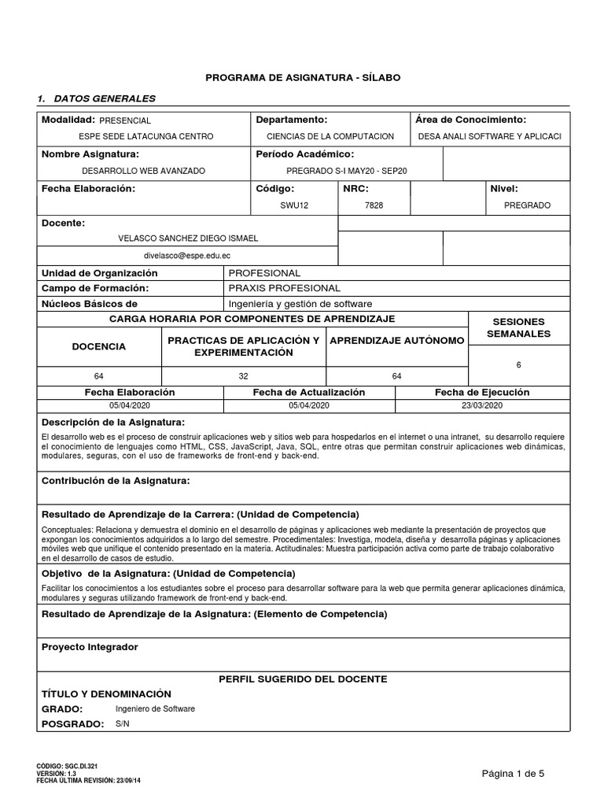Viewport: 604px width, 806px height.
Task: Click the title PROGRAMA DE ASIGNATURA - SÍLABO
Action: [x=303, y=78]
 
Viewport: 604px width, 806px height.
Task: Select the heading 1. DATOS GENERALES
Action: [x=97, y=98]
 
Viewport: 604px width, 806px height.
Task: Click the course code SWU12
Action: [x=290, y=205]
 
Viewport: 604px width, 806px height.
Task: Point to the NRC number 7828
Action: [x=374, y=205]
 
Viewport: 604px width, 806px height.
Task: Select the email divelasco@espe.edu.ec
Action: [x=186, y=256]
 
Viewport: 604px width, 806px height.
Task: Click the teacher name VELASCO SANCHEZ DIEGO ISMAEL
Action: [x=187, y=238]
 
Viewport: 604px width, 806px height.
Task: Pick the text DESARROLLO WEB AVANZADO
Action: [x=144, y=170]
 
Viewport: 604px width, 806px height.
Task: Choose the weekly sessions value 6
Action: [x=518, y=365]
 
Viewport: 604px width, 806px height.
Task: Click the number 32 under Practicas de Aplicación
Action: [x=243, y=376]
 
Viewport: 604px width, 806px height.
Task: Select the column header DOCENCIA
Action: [x=99, y=346]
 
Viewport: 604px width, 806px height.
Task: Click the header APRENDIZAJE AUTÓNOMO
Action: [x=396, y=340]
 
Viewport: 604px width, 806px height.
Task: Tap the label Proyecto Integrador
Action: [x=89, y=647]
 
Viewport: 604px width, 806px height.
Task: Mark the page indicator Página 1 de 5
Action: [x=513, y=774]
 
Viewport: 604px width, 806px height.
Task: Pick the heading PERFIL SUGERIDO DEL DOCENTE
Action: [x=303, y=678]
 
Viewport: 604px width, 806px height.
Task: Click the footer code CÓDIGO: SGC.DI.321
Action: [x=67, y=766]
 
